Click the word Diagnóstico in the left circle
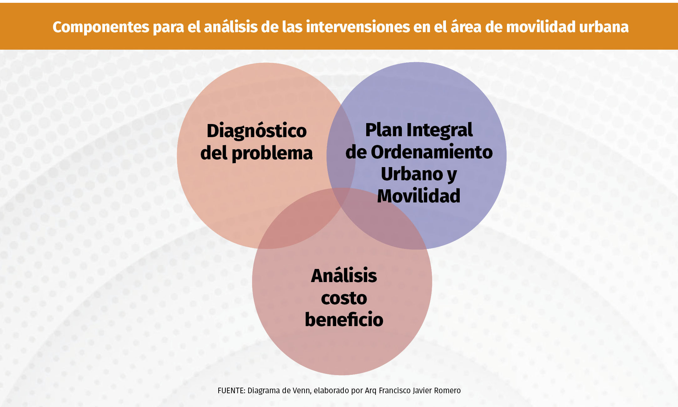(x=256, y=131)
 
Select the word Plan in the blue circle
(x=384, y=130)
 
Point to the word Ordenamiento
(x=432, y=152)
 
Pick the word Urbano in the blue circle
(x=412, y=174)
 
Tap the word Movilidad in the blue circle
(x=419, y=196)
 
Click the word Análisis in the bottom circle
(x=344, y=275)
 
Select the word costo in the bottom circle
(x=344, y=298)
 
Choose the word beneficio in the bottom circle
(x=344, y=319)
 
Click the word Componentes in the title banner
(x=101, y=27)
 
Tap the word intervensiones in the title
(x=358, y=27)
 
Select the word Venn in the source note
(x=301, y=391)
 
